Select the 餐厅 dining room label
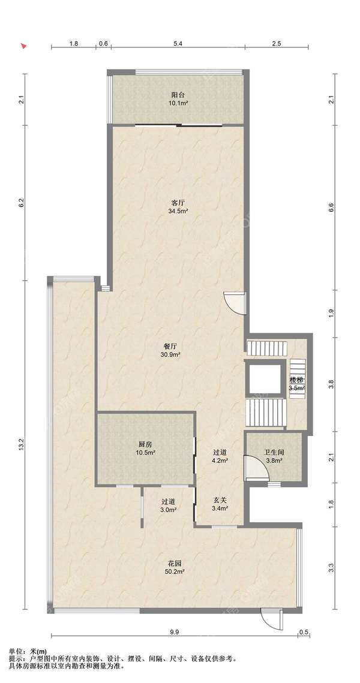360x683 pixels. coord(170,347)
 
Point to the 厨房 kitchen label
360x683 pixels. coord(145,445)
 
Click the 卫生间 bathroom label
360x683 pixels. coord(274,452)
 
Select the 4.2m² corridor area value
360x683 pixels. coord(219,459)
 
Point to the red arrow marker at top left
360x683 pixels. coord(25,45)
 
